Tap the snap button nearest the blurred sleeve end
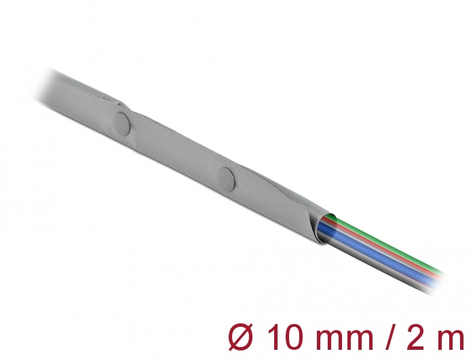(x=123, y=124)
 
